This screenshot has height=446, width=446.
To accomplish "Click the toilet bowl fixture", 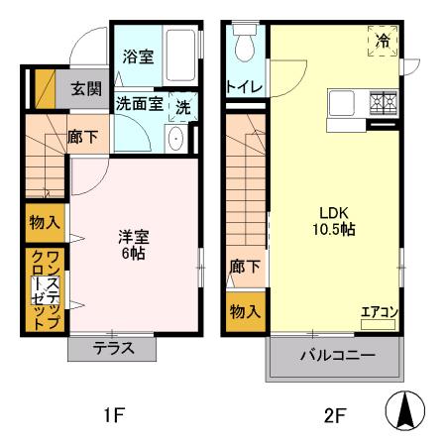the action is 245,42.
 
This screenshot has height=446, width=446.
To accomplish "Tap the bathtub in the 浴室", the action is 180,56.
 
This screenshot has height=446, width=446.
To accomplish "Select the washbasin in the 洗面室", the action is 175,139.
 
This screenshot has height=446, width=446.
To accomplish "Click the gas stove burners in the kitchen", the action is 383,104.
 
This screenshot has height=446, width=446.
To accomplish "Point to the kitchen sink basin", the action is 342,103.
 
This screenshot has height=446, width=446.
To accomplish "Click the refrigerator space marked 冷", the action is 383,41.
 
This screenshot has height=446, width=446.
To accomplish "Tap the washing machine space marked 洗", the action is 183,107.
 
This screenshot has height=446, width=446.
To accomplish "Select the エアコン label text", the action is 380,312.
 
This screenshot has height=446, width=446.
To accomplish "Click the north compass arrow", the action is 405,410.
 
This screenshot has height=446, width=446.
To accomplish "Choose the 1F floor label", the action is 114,415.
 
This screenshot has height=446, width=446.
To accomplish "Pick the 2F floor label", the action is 335,415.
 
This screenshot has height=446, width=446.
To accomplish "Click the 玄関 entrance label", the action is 86,88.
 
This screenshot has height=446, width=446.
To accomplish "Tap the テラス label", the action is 113,348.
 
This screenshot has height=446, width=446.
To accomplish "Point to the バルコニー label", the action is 338,355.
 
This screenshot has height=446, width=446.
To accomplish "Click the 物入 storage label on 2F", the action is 245,311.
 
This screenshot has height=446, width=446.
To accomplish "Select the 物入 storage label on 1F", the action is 45,222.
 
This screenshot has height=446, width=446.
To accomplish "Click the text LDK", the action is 334,213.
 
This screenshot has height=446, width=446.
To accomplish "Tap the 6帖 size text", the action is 134,253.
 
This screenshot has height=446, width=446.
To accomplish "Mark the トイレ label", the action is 244,87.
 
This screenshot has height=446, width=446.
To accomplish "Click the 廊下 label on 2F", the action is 245,266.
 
